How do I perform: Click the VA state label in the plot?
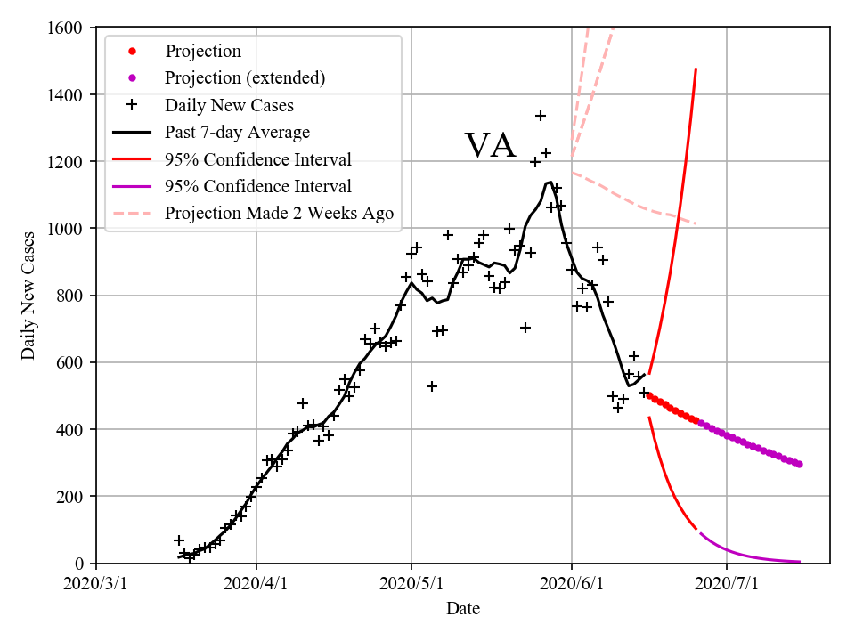(x=490, y=145)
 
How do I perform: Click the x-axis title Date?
(x=463, y=609)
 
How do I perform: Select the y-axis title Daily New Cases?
(x=28, y=296)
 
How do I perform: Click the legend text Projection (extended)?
(x=244, y=77)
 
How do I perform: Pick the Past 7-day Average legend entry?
(x=237, y=133)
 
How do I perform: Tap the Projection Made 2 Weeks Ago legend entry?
(x=279, y=214)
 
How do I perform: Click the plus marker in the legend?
(x=132, y=105)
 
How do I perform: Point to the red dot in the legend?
(x=132, y=51)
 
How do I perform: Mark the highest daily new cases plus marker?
(x=541, y=116)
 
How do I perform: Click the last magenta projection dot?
(x=799, y=465)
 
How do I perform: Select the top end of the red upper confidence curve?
(x=696, y=69)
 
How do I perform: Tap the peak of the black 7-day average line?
(x=550, y=183)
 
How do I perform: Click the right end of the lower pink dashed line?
(x=696, y=223)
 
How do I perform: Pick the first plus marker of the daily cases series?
(x=179, y=540)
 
